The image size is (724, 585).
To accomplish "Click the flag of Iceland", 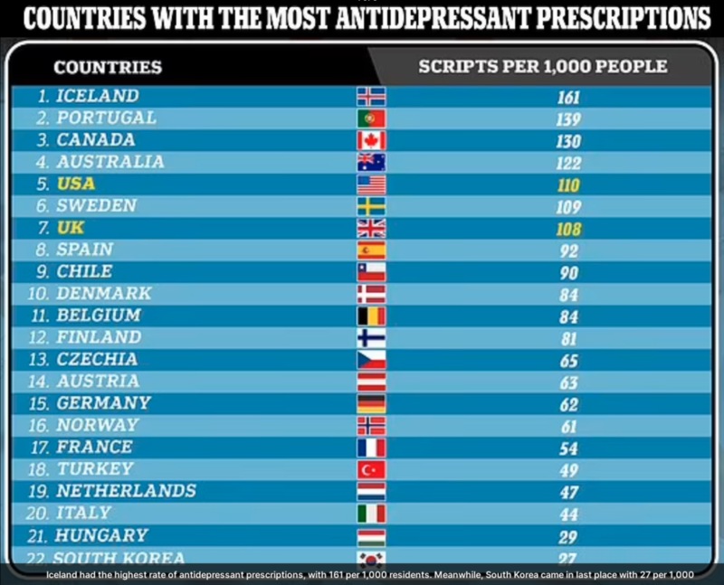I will point(371,97).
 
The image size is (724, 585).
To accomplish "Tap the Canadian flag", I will point(371,140).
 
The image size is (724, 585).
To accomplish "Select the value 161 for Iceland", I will point(568,98).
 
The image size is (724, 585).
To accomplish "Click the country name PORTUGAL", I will point(106,118).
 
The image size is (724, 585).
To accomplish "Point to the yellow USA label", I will point(76,184).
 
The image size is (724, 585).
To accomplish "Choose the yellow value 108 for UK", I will point(568,229).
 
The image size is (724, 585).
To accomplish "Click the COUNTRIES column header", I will point(108,67).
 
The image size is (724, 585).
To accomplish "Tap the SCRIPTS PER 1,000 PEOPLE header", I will point(543,67).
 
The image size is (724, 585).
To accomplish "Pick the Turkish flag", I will point(371,469).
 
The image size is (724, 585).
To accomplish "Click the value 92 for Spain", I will point(568,251).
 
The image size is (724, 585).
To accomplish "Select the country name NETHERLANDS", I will point(126,491).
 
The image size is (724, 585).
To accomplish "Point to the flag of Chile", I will point(371,271).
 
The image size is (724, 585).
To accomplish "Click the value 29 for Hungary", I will point(568,536).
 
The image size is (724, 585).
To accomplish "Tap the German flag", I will point(371,403).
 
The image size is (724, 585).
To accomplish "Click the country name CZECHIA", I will point(98,359).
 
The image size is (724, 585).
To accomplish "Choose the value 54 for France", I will point(568,448).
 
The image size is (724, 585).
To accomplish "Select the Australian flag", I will point(371,162).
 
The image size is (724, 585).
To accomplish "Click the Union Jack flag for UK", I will point(371,228).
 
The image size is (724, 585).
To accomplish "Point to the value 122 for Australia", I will point(568,164).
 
